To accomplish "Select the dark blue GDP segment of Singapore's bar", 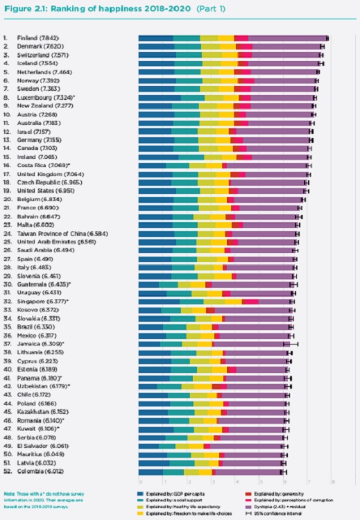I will point(159,302).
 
